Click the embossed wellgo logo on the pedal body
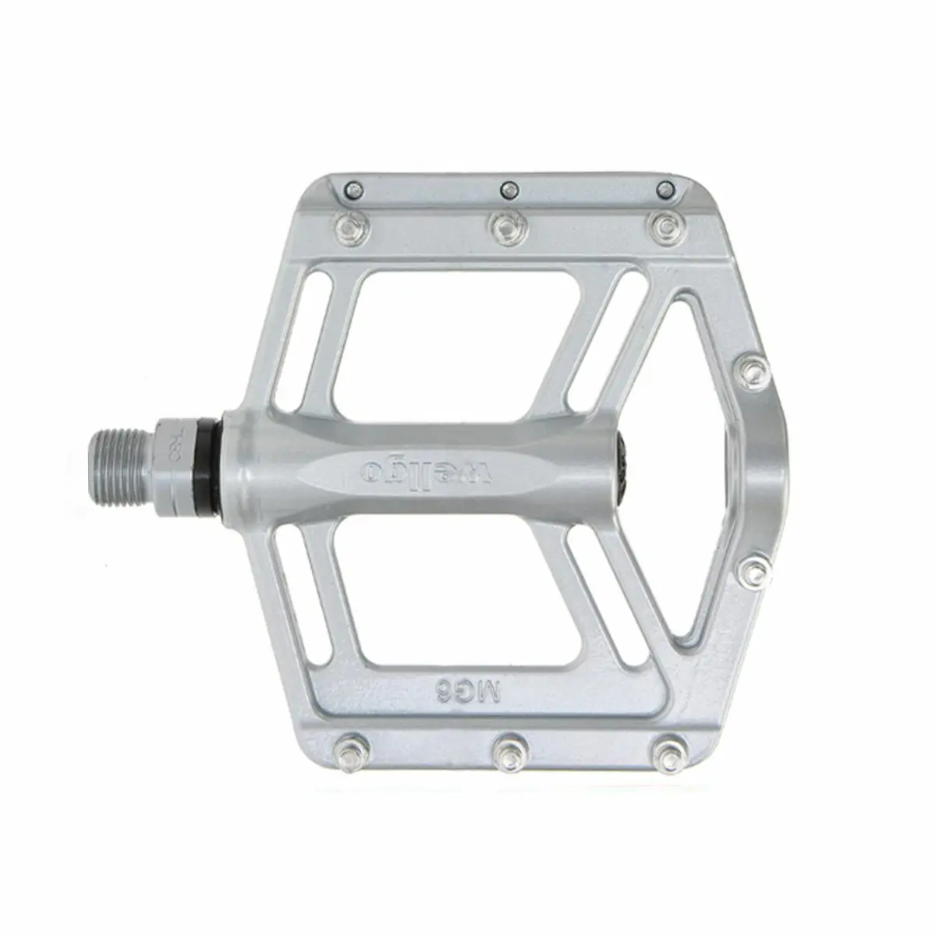tap(427, 469)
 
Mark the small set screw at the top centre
tap(509, 188)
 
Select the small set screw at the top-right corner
tap(665, 188)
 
